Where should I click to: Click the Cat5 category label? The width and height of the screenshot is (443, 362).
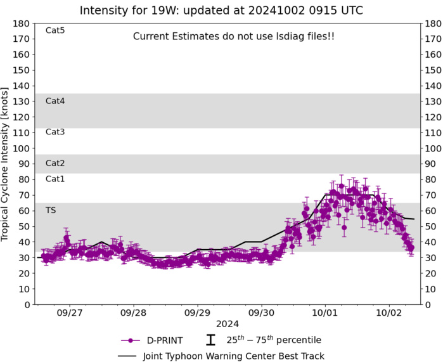point(55,30)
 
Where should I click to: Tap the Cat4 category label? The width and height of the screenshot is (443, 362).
point(55,101)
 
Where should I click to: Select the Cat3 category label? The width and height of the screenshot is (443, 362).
point(55,132)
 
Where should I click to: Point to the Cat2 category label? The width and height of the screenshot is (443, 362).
point(55,164)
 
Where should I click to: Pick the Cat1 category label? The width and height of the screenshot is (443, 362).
point(55,179)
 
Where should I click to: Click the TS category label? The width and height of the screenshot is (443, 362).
point(50,210)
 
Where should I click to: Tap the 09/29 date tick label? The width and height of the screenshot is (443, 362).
point(197,313)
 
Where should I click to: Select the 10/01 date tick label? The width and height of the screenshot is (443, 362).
point(324,313)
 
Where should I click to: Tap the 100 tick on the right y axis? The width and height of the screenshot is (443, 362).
point(432,148)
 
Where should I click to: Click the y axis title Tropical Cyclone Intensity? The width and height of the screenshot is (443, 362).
point(8,164)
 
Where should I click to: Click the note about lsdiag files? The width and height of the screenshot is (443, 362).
point(234,37)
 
